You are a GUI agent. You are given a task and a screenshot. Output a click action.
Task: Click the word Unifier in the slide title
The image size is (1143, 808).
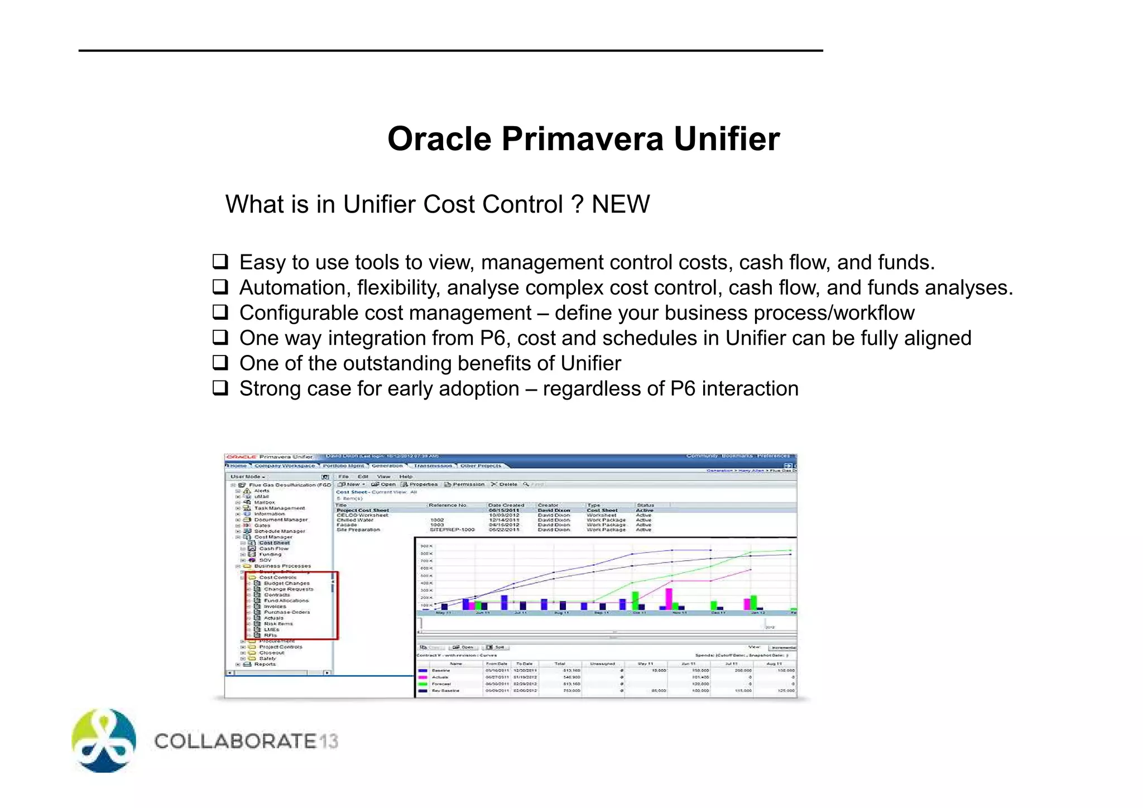pyautogui.click(x=727, y=139)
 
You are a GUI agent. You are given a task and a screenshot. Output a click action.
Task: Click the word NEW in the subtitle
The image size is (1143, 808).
pyautogui.click(x=621, y=204)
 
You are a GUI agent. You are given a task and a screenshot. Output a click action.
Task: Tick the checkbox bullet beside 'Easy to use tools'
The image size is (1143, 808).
pyautogui.click(x=220, y=261)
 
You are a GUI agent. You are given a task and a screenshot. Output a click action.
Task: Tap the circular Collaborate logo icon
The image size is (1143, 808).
pyautogui.click(x=104, y=740)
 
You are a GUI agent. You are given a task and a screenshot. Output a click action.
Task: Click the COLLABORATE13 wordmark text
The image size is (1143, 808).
pyautogui.click(x=246, y=741)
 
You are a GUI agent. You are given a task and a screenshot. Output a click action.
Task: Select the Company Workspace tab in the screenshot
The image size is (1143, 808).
pyautogui.click(x=285, y=465)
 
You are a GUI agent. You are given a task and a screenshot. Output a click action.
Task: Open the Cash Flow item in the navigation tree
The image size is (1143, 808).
pyautogui.click(x=273, y=549)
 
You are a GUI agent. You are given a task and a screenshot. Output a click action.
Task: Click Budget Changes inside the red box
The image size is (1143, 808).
pyautogui.click(x=286, y=583)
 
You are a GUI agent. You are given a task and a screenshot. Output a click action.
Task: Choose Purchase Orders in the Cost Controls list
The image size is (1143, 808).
pyautogui.click(x=287, y=612)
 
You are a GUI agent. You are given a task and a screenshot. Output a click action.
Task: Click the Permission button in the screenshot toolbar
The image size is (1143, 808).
pyautogui.click(x=468, y=484)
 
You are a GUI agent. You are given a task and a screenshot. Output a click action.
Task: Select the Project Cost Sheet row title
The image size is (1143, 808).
pyautogui.click(x=363, y=510)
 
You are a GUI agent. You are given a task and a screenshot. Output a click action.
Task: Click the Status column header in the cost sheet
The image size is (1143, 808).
pyautogui.click(x=645, y=505)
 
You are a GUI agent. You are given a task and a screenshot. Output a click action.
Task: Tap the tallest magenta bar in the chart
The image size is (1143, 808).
pyautogui.click(x=669, y=599)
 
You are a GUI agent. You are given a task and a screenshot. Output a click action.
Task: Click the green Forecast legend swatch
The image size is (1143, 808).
pyautogui.click(x=423, y=684)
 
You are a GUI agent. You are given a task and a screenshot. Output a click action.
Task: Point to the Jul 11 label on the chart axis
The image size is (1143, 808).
pyautogui.click(x=520, y=613)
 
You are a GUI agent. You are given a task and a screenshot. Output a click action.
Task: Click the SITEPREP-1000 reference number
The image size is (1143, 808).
pyautogui.click(x=452, y=530)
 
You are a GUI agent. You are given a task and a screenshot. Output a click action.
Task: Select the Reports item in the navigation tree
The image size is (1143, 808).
pyautogui.click(x=265, y=664)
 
